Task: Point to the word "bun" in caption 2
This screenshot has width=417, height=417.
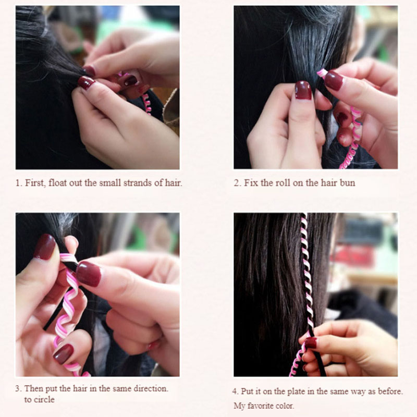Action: pyautogui.click(x=348, y=183)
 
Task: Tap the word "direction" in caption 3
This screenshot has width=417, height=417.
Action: pyautogui.click(x=151, y=388)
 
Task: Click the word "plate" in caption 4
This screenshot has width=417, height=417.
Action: pyautogui.click(x=297, y=392)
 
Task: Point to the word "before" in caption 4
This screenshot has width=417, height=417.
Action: pyautogui.click(x=390, y=391)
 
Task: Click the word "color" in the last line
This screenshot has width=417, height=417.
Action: pyautogui.click(x=285, y=406)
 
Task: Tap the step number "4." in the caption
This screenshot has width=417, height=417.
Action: pyautogui.click(x=236, y=392)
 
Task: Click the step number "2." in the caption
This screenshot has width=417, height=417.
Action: pyautogui.click(x=237, y=183)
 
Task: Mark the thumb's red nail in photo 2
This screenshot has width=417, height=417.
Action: pyautogui.click(x=303, y=90)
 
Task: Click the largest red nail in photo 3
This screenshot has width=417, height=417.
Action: pyautogui.click(x=89, y=274)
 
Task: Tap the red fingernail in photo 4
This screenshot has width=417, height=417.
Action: pyautogui.click(x=310, y=343)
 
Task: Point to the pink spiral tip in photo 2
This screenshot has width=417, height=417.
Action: pyautogui.click(x=322, y=72)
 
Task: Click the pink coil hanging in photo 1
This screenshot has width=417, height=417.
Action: pyautogui.click(x=146, y=103)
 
